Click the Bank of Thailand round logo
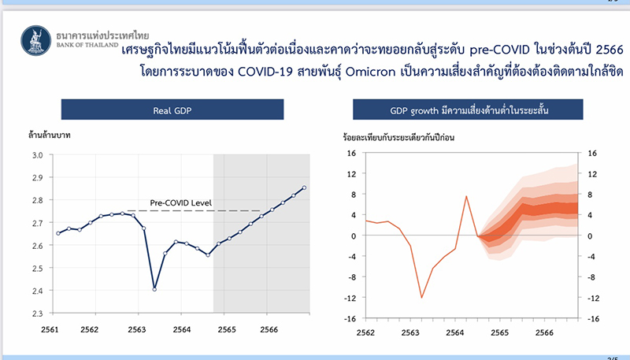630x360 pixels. tap(36, 41)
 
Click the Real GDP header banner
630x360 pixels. tap(172, 109)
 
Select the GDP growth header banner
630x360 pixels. tap(468, 109)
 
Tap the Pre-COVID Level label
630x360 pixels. tap(181, 203)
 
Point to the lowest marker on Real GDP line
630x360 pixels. tap(154, 289)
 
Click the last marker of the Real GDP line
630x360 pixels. tap(304, 187)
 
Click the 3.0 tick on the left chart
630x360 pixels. tap(37, 155)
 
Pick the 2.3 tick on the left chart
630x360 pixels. tap(37, 314)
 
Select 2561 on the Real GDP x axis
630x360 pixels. tap(50, 329)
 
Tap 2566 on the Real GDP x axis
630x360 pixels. tap(269, 329)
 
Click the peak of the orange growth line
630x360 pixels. tap(466, 196)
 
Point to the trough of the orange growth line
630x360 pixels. tap(421, 297)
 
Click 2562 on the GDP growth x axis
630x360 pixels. tap(365, 332)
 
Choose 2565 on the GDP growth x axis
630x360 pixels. tap(499, 332)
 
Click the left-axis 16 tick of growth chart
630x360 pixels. tap(351, 153)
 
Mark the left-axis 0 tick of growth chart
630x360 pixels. tap(354, 236)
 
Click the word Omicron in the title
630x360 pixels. tap(370, 72)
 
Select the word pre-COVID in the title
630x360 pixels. tap(499, 50)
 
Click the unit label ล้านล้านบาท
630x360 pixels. tap(50, 135)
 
